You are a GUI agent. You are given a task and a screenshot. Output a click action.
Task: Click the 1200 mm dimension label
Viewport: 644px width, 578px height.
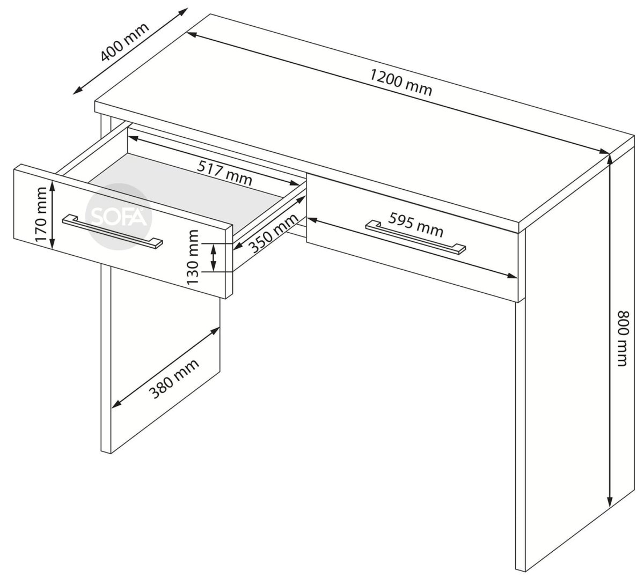[x=401, y=82]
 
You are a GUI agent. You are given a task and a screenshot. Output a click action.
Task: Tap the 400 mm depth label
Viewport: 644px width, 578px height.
[x=125, y=42]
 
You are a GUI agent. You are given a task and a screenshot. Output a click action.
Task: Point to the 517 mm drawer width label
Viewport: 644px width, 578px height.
[x=224, y=173]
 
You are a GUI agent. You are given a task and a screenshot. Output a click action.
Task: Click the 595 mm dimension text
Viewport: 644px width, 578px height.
[x=416, y=225]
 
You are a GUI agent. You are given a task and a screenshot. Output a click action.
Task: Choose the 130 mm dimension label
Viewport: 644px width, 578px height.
[x=193, y=257]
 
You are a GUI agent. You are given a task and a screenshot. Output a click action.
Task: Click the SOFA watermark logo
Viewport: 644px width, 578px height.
[x=119, y=217]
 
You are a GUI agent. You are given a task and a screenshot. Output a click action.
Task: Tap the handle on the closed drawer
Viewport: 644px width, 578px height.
[x=416, y=238]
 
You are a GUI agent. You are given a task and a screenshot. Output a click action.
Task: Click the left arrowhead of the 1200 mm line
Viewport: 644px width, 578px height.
[x=193, y=35]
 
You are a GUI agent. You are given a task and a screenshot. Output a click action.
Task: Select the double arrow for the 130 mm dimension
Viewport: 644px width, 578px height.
[x=214, y=257]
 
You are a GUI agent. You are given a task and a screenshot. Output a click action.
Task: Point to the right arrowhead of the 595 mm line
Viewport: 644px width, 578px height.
[x=513, y=276]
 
